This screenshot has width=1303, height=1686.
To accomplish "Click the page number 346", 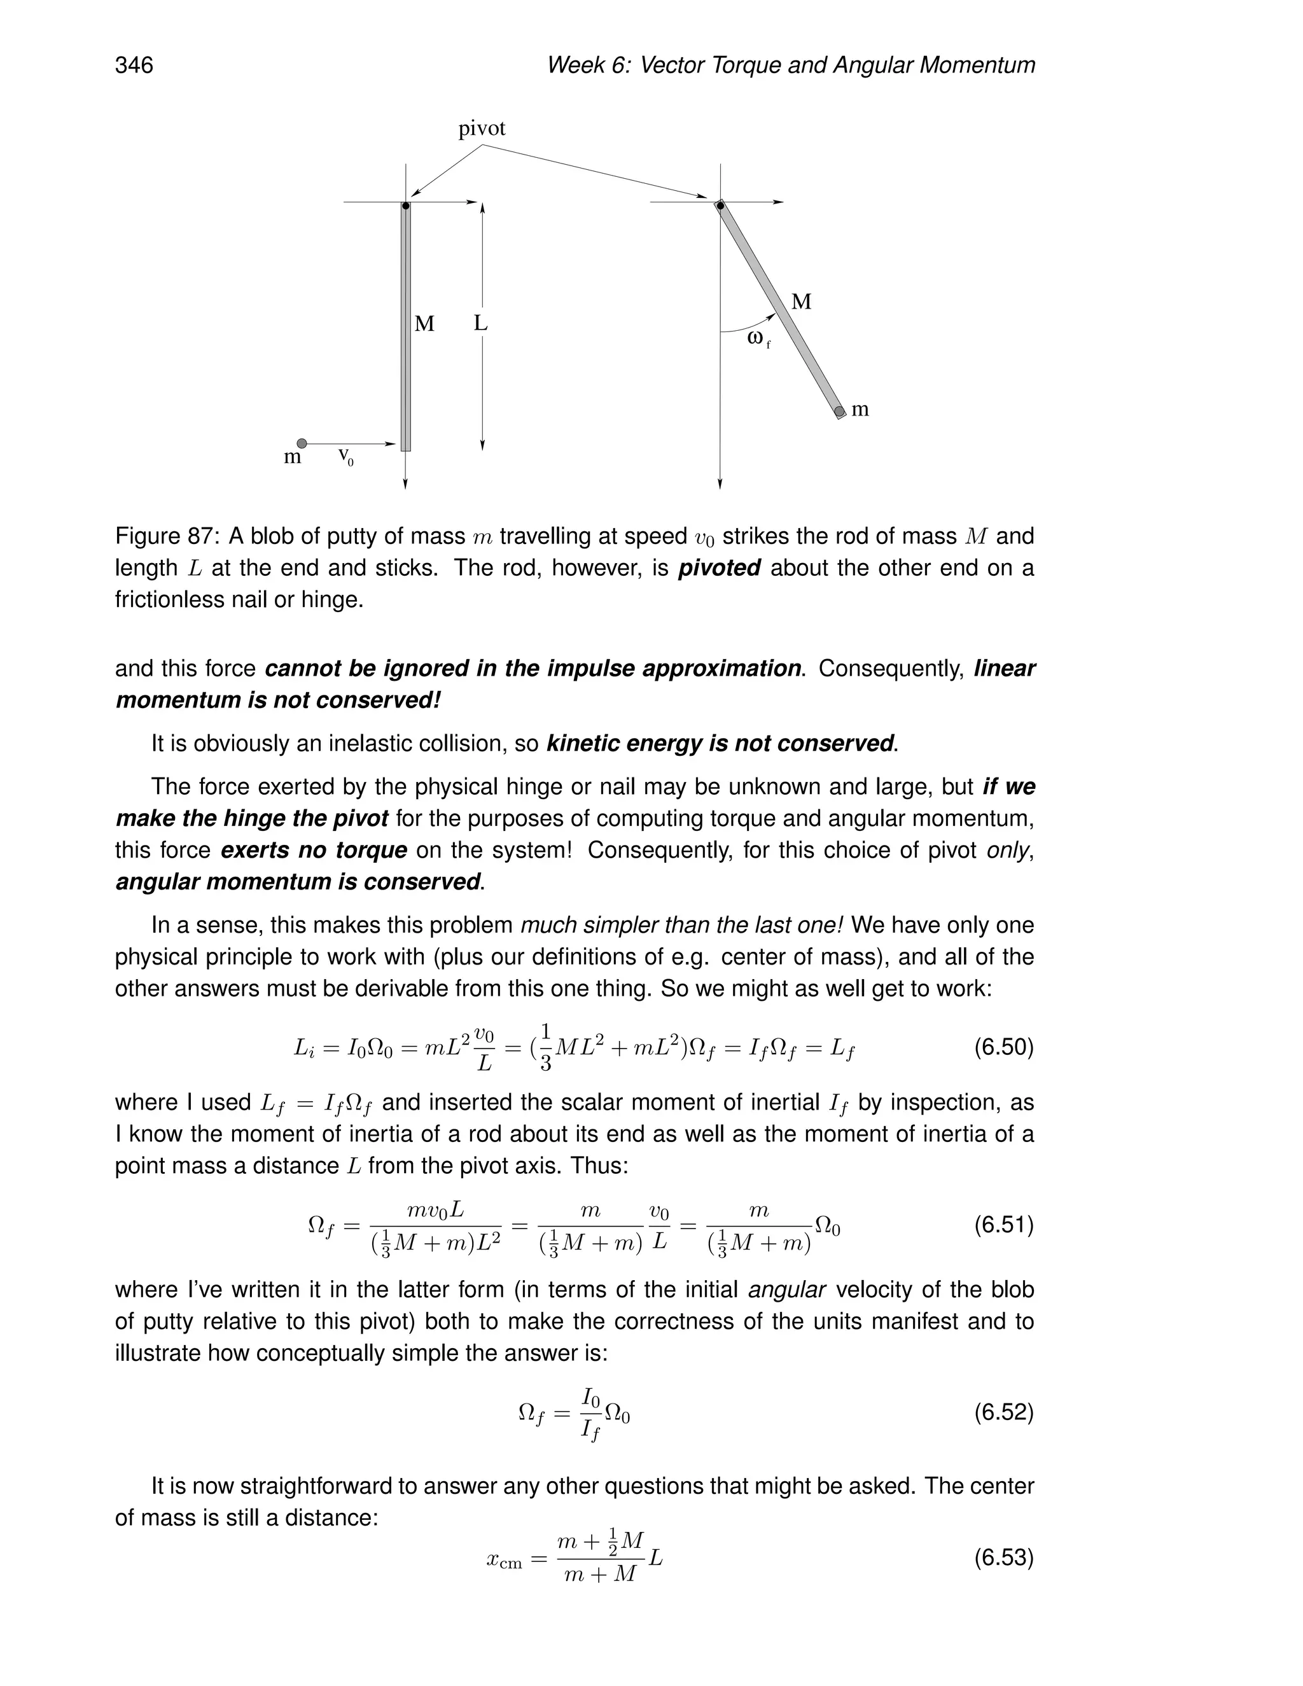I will tap(134, 65).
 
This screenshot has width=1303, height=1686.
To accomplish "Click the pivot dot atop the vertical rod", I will tap(405, 206).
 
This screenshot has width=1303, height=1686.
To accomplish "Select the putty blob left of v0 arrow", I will tap(302, 443).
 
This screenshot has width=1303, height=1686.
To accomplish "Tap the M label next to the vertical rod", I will tap(424, 324).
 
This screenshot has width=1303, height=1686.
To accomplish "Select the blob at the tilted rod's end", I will tap(840, 412).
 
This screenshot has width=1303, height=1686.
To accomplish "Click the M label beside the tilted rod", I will tap(801, 302).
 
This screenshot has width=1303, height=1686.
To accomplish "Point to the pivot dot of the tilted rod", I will tap(720, 206).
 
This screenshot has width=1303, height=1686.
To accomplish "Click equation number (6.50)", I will tap(1003, 1048).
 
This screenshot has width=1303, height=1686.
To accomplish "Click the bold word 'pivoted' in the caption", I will tap(720, 568).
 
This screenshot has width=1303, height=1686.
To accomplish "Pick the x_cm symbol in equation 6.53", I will tap(504, 1560).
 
